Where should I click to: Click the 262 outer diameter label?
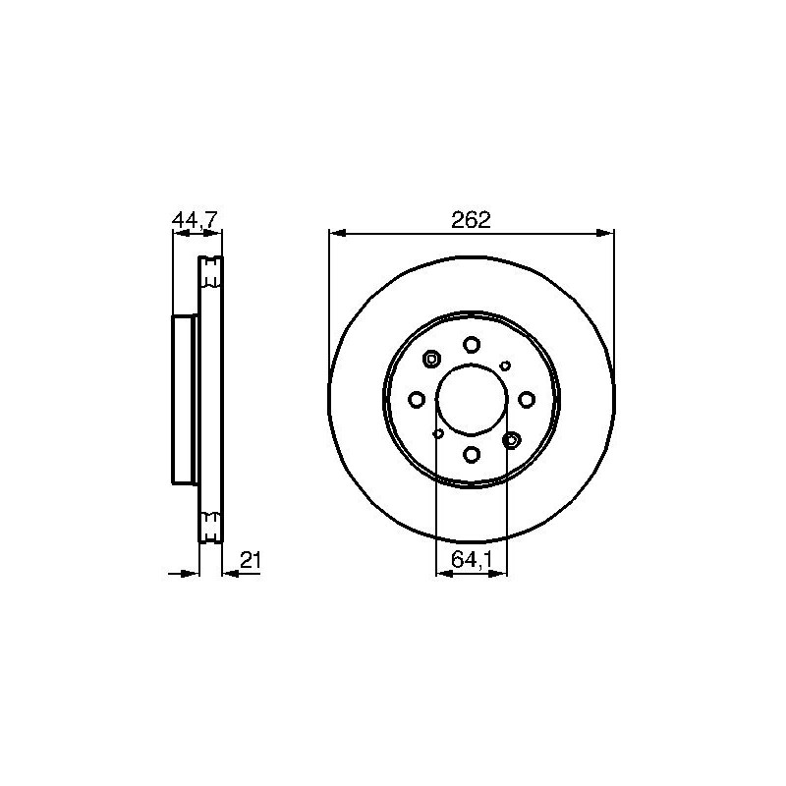[x=471, y=220]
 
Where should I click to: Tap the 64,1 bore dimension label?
[x=471, y=559]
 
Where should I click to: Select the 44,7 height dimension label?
[x=195, y=220]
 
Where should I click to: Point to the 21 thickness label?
[x=251, y=560]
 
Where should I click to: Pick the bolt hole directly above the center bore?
[x=472, y=345]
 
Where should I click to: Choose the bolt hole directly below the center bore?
[x=472, y=454]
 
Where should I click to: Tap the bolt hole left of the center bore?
[x=417, y=400]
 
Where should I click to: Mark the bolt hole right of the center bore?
[x=527, y=400]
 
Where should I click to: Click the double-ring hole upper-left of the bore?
[x=431, y=359]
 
